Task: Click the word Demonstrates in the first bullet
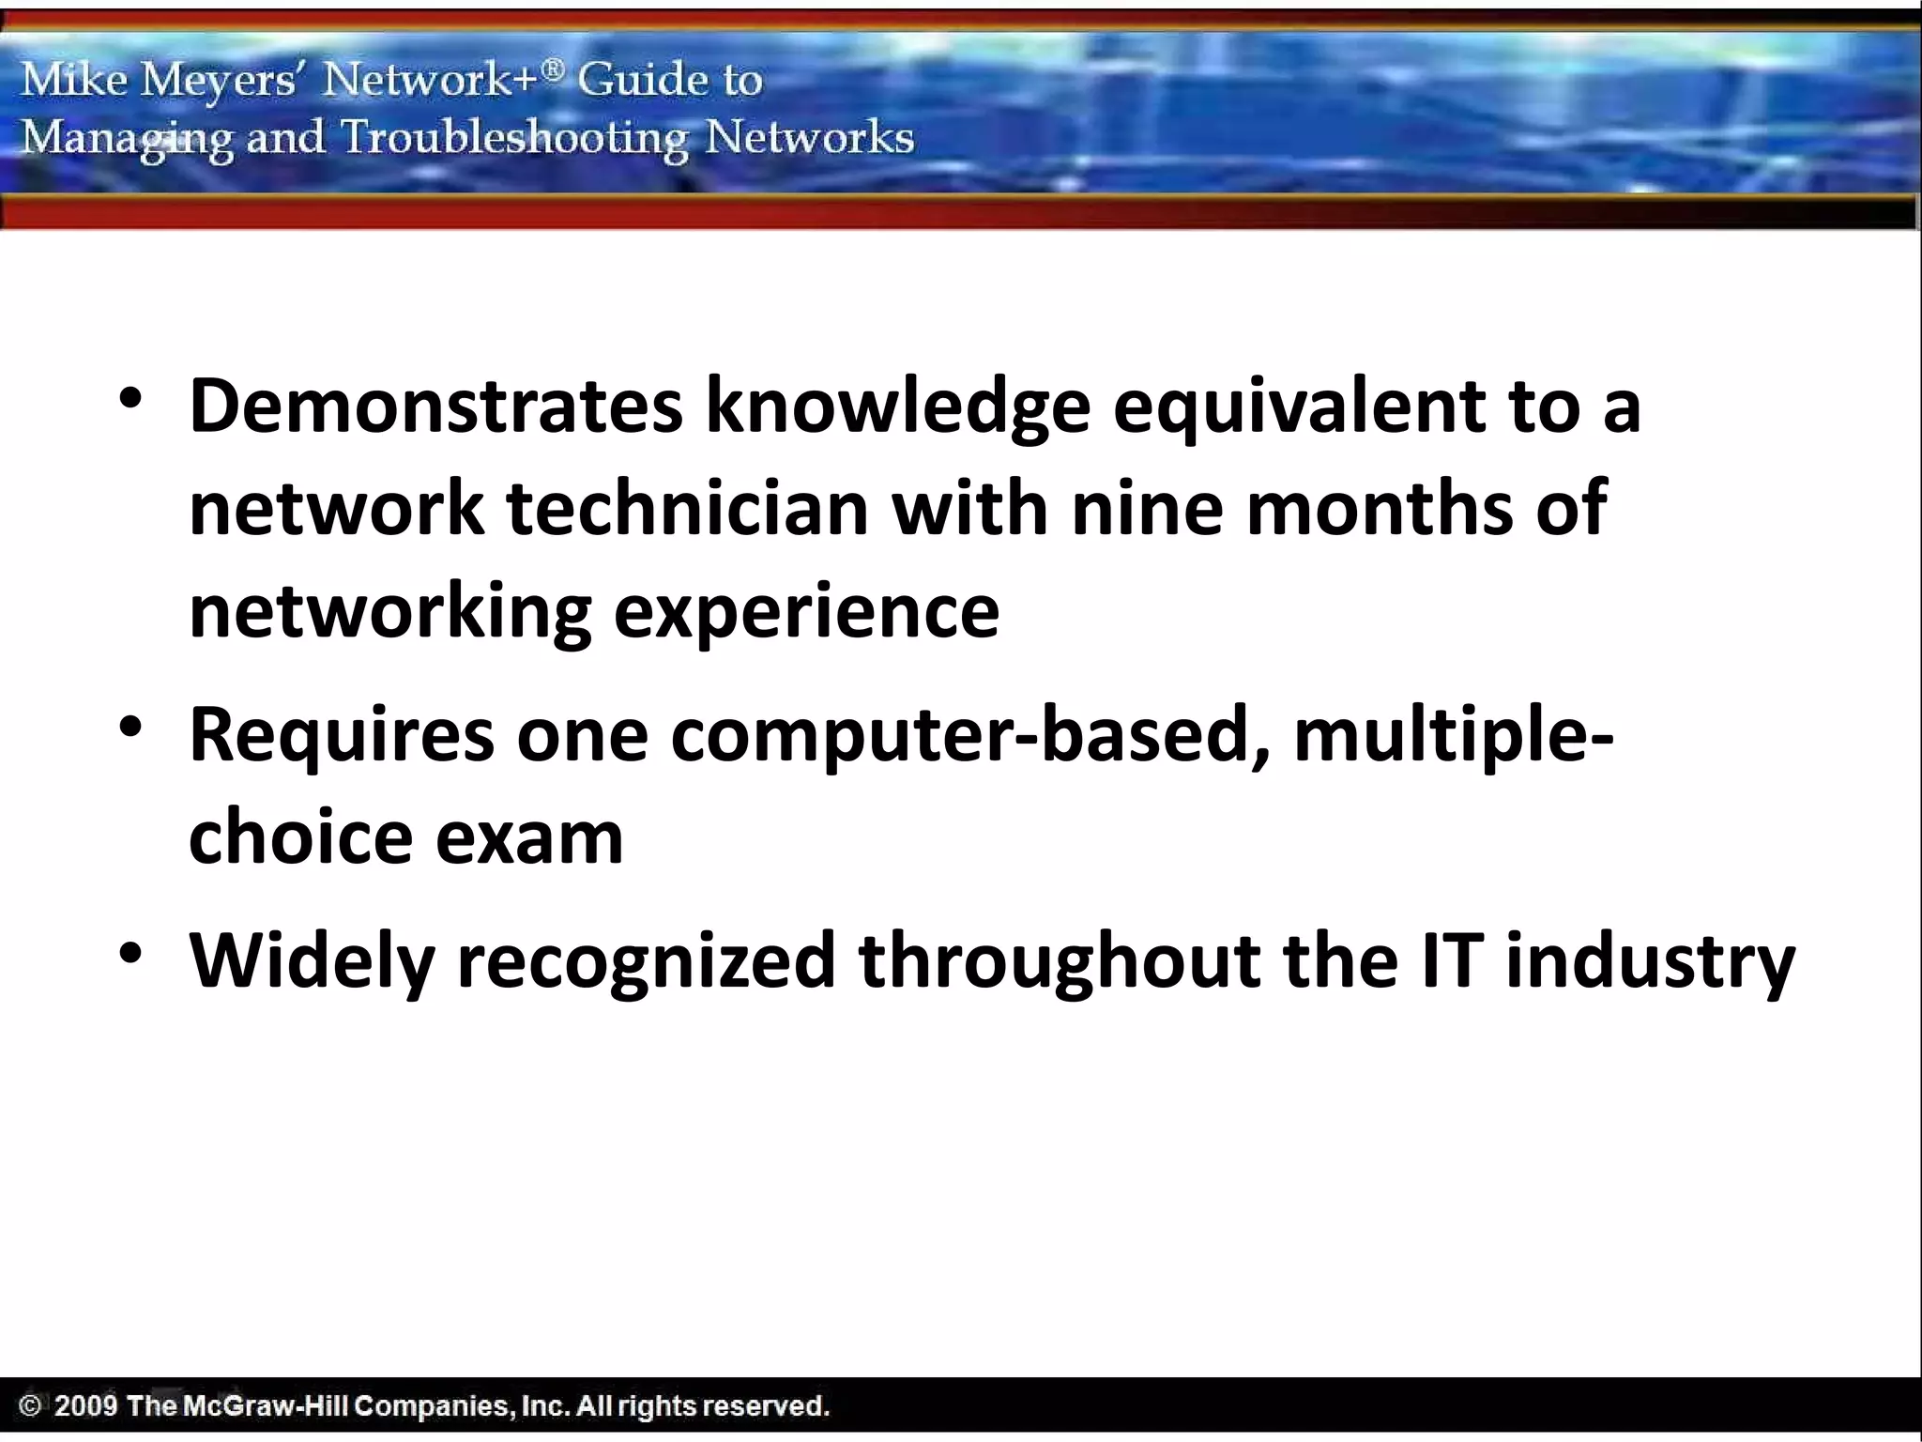point(435,406)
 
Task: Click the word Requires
point(341,736)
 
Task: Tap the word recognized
point(646,963)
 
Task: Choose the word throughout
point(1059,963)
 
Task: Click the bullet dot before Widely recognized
point(130,954)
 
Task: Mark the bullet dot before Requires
point(130,728)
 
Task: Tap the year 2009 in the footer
point(86,1405)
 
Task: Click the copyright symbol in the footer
point(31,1405)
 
